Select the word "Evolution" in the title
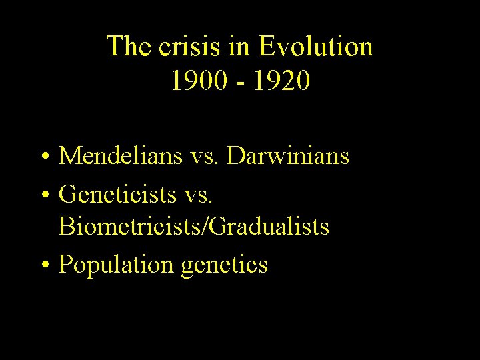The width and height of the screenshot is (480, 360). [x=315, y=47]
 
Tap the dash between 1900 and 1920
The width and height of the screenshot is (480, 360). [x=240, y=83]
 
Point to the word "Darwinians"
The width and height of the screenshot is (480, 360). [x=288, y=157]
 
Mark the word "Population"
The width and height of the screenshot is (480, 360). [x=116, y=265]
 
